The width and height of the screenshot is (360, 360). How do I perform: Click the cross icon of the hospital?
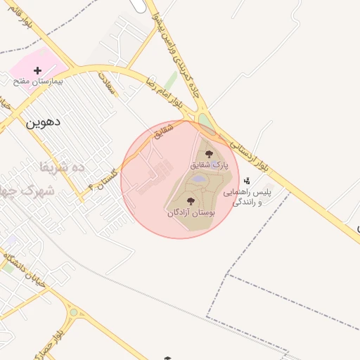pyautogui.click(x=38, y=70)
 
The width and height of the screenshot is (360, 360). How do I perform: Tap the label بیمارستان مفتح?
pyautogui.click(x=39, y=82)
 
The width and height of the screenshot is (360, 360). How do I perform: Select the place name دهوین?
pyautogui.click(x=44, y=122)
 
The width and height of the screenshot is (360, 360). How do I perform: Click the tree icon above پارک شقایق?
pyautogui.click(x=207, y=153)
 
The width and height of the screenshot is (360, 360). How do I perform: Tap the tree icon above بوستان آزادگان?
pyautogui.click(x=191, y=201)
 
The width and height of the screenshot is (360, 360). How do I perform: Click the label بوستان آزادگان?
pyautogui.click(x=191, y=212)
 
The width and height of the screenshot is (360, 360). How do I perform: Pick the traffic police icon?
pyautogui.click(x=246, y=181)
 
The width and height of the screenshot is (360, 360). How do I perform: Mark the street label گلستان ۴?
pyautogui.click(x=103, y=178)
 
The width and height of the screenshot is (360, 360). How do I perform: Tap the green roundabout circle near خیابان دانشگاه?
pyautogui.click(x=73, y=312)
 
